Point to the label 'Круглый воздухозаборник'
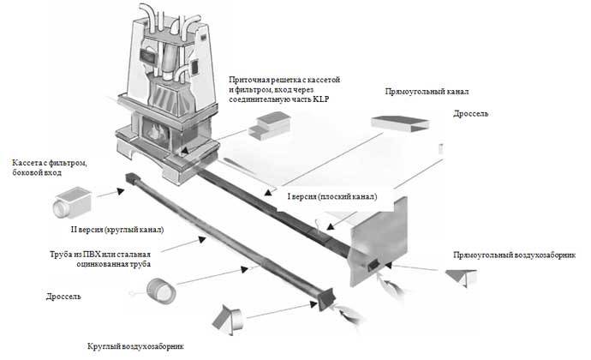point(135,345)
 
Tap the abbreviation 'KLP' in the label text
point(319,99)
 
